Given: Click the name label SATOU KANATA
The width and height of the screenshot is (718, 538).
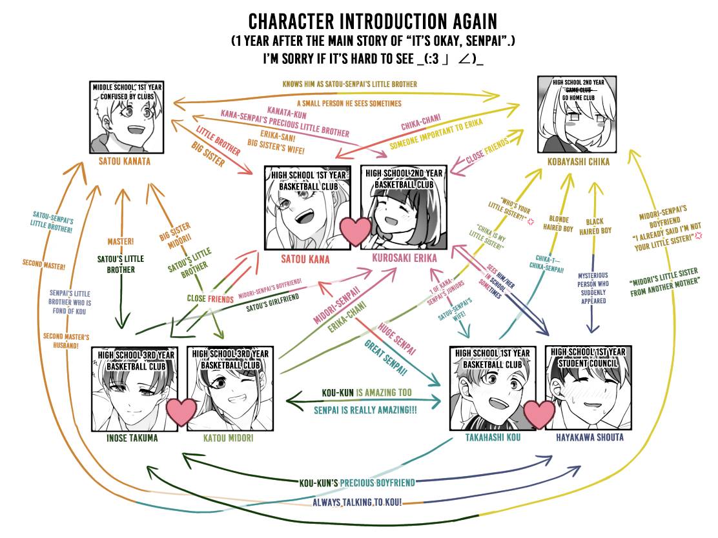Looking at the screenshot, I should [126, 161].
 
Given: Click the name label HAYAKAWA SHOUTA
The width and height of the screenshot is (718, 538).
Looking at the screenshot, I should [590, 437].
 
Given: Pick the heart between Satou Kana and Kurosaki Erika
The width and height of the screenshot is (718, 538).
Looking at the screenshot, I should [356, 231].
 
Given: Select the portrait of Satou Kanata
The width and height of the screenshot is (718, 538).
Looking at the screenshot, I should [127, 123].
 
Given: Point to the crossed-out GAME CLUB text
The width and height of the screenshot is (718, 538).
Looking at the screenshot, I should [579, 90].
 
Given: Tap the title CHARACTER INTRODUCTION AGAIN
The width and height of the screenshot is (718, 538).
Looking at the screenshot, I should [373, 21].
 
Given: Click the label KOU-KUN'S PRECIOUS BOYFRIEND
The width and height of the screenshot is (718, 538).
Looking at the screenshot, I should [357, 482].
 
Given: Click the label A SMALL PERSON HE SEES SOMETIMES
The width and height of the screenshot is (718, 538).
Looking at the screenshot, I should [349, 103].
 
